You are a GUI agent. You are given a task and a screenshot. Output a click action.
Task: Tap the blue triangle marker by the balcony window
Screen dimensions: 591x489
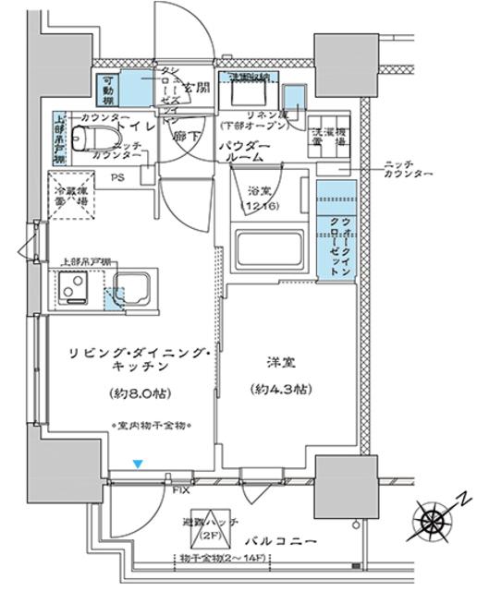pyautogui.click(x=138, y=464)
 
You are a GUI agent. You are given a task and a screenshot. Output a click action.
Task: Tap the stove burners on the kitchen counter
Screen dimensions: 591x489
pyautogui.click(x=73, y=288)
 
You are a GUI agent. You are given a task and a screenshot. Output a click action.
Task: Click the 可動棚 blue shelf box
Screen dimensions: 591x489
pyautogui.click(x=108, y=88)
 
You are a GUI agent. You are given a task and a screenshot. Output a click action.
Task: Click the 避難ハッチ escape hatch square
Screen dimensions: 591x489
pyautogui.click(x=211, y=526)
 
